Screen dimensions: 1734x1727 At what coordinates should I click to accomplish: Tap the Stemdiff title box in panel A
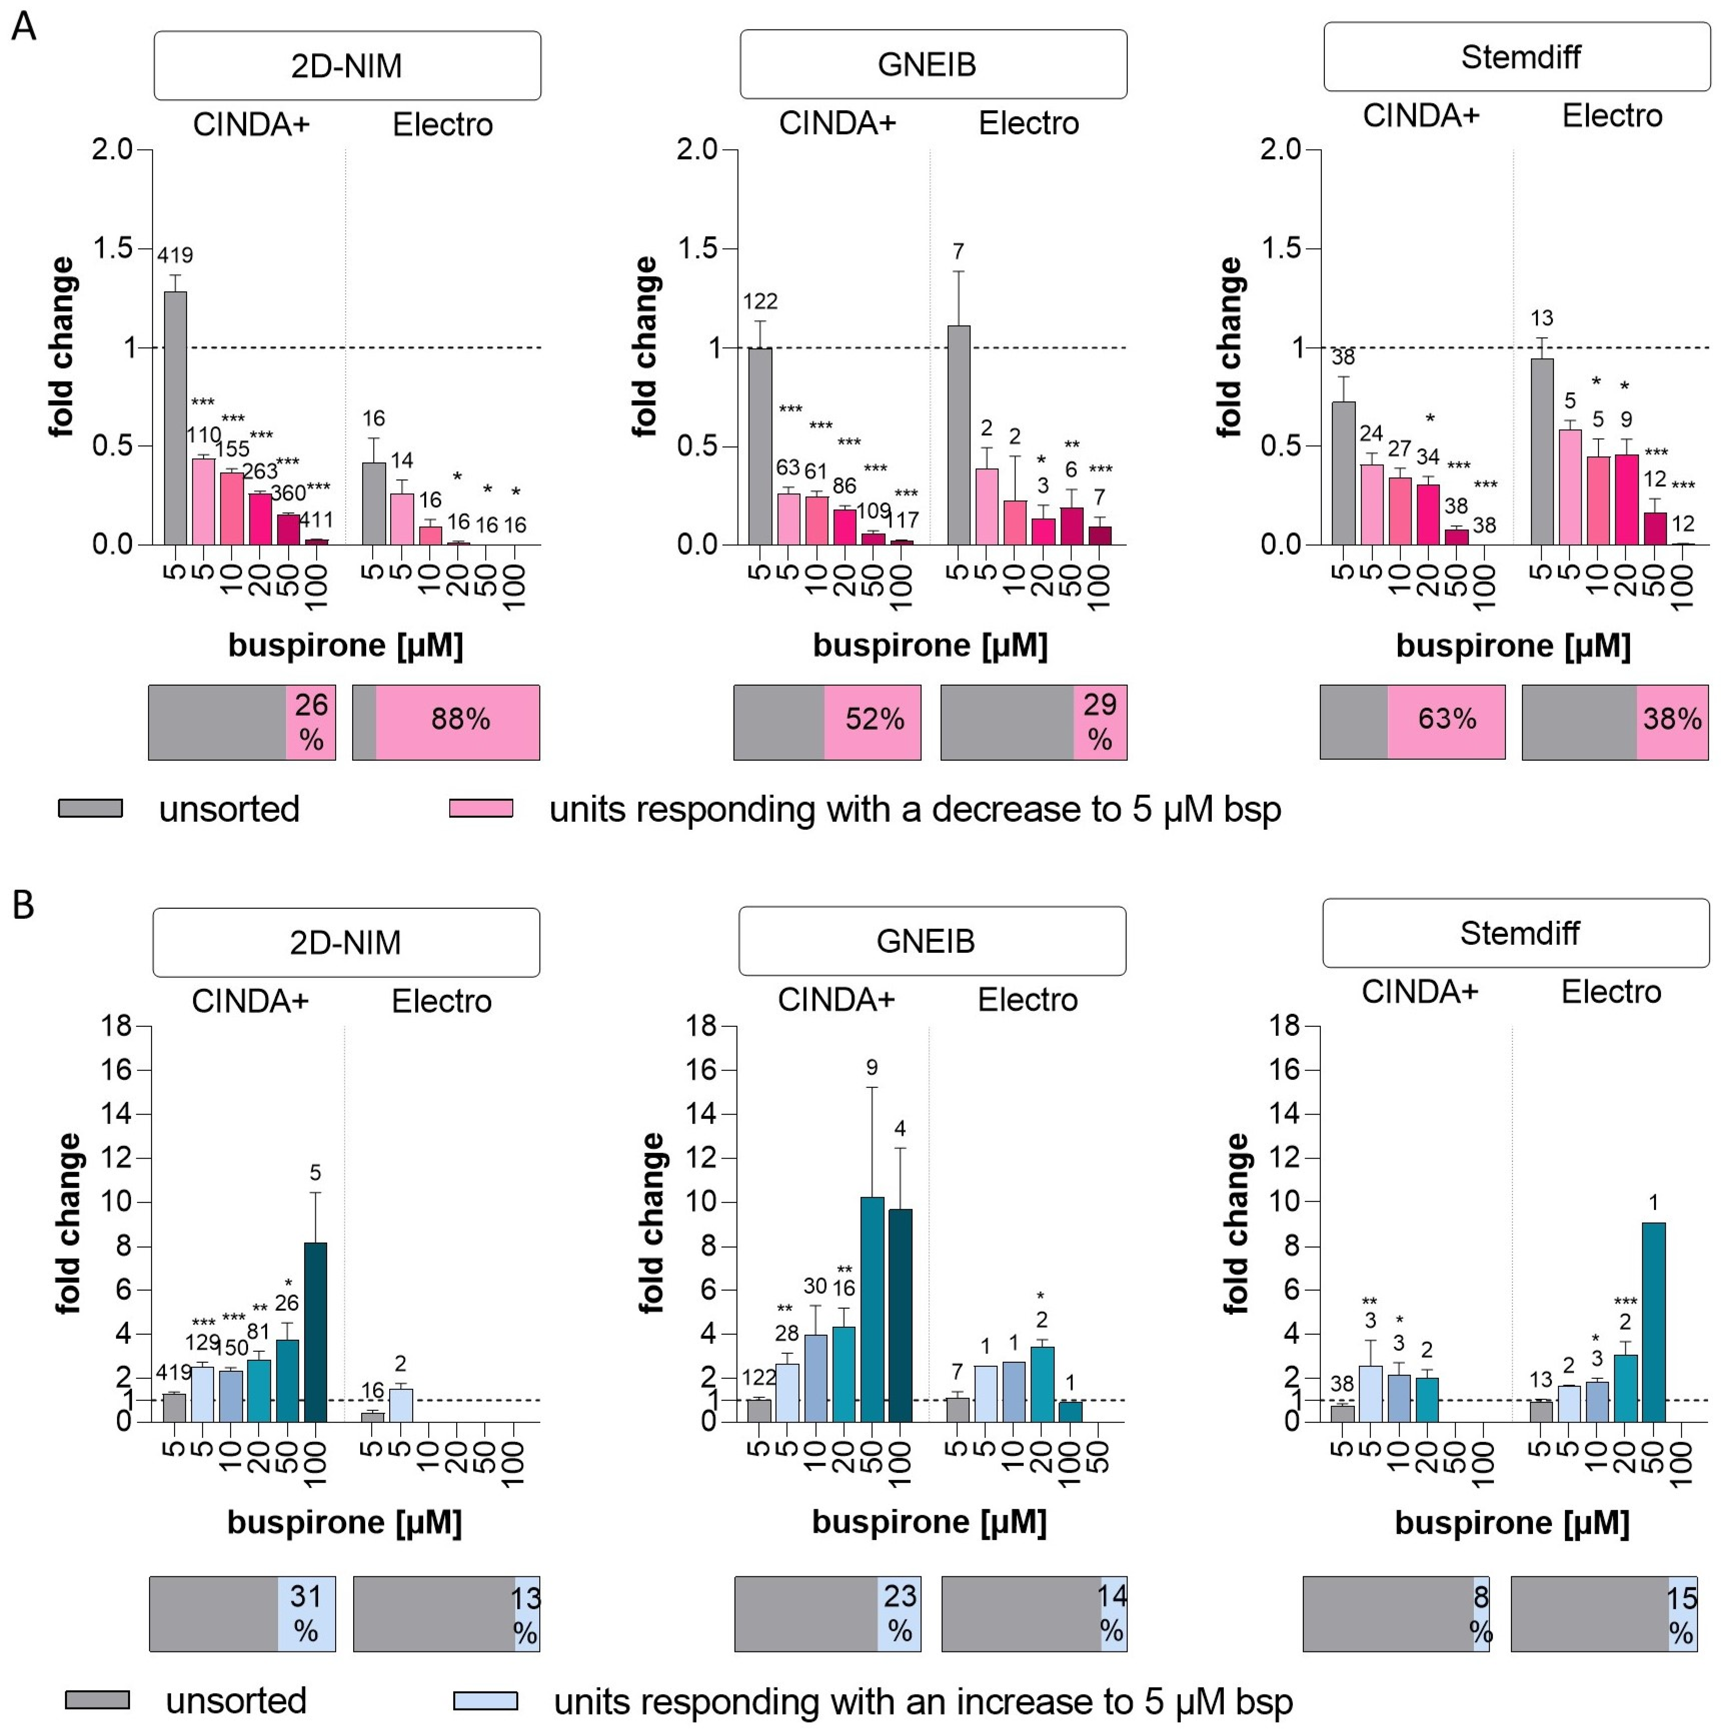1516,57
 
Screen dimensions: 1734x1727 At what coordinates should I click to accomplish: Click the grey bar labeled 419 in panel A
175,417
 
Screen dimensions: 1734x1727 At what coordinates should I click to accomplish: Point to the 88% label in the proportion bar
460,719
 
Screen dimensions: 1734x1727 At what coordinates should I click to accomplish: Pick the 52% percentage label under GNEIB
874,719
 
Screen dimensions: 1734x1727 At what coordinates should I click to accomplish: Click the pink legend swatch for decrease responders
481,808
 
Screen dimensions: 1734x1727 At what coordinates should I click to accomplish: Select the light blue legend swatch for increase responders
485,1701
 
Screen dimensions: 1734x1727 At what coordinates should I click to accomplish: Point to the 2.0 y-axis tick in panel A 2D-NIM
112,149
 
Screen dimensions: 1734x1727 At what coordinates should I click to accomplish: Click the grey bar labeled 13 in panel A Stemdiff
1541,451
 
